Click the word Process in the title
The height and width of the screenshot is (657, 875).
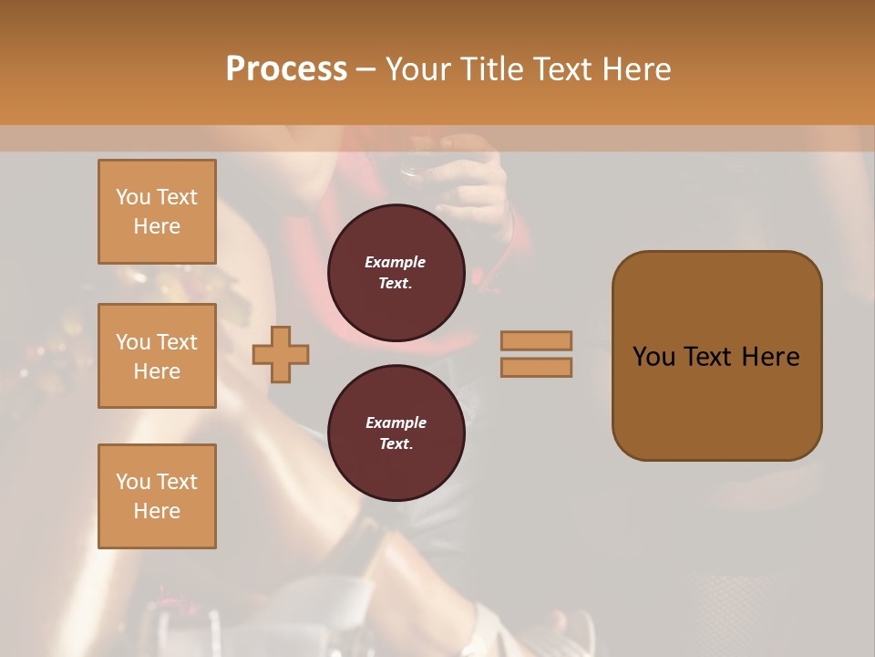pyautogui.click(x=286, y=69)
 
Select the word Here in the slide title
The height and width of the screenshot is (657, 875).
pyautogui.click(x=637, y=69)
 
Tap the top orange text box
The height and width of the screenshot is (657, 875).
pyautogui.click(x=157, y=212)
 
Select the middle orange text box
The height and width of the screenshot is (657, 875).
pyautogui.click(x=157, y=356)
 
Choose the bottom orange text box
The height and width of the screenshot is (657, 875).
pyautogui.click(x=157, y=496)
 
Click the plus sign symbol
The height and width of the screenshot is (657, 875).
pyautogui.click(x=281, y=355)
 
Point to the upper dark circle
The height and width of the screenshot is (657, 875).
pyautogui.click(x=396, y=273)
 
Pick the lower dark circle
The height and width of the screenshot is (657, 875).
pyautogui.click(x=396, y=433)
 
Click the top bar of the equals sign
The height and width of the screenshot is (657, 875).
pyautogui.click(x=536, y=340)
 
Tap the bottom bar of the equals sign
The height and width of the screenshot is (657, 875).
pyautogui.click(x=536, y=368)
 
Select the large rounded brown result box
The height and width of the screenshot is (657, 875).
pyautogui.click(x=716, y=356)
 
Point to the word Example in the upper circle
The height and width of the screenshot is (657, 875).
pyautogui.click(x=396, y=262)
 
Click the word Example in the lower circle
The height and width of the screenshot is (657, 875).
pyautogui.click(x=396, y=422)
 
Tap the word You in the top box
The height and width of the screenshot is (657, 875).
pyautogui.click(x=133, y=197)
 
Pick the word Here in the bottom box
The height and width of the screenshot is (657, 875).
pyautogui.click(x=157, y=511)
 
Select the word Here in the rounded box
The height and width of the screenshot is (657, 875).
pyautogui.click(x=770, y=356)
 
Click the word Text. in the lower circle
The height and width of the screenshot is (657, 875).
pyautogui.click(x=396, y=444)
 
